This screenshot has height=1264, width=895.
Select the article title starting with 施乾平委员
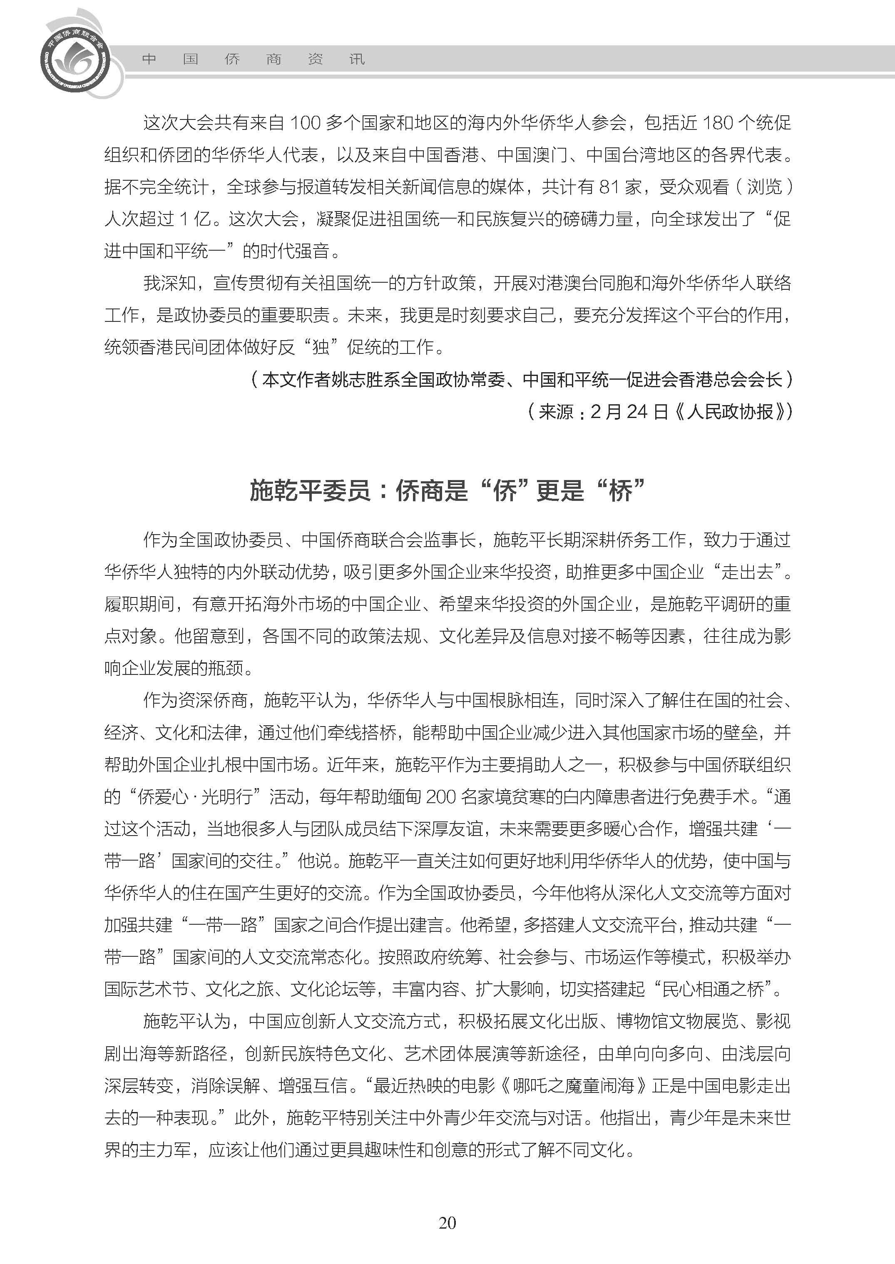point(447,490)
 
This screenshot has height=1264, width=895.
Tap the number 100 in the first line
point(305,123)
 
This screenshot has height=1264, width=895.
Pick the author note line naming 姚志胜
point(521,379)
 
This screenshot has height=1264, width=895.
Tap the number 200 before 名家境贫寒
point(441,796)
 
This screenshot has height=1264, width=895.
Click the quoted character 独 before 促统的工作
point(320,347)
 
